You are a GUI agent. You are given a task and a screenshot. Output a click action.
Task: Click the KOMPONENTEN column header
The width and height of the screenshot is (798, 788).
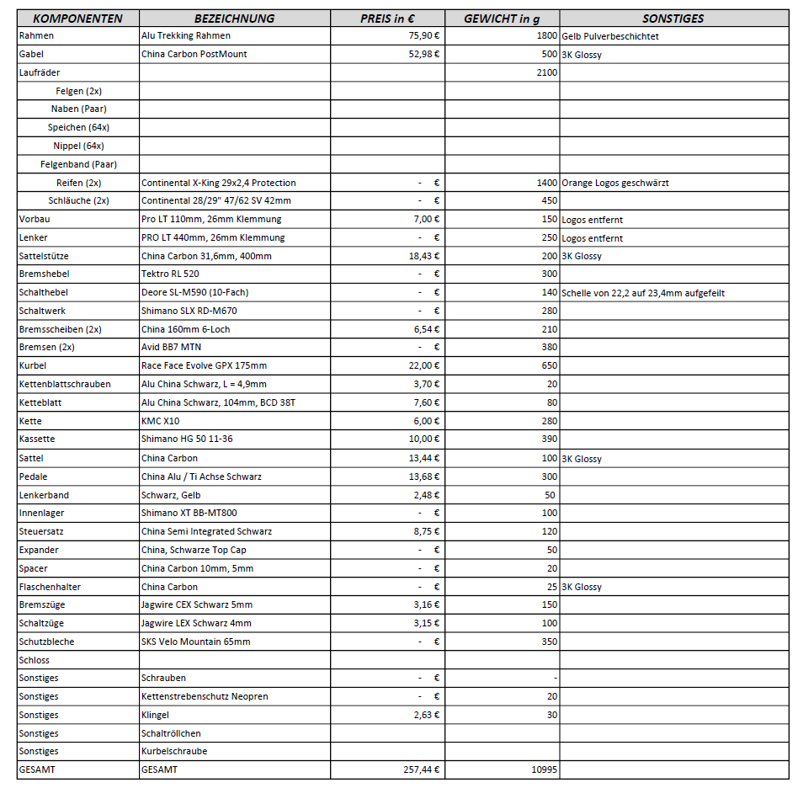point(77,19)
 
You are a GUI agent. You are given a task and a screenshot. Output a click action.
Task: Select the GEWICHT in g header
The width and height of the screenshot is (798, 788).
point(502,19)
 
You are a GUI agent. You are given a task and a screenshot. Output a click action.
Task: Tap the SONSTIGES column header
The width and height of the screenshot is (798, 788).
point(673,19)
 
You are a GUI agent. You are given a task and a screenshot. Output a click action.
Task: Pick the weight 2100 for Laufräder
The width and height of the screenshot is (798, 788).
point(545,73)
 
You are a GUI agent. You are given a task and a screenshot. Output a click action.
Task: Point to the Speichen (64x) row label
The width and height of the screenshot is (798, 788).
point(78,127)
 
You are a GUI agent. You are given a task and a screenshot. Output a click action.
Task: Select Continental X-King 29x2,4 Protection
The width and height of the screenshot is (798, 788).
point(218,183)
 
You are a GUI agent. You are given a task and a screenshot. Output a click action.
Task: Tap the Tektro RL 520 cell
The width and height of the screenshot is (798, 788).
point(170,274)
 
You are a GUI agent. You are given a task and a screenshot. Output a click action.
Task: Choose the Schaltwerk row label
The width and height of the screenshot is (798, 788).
point(42,311)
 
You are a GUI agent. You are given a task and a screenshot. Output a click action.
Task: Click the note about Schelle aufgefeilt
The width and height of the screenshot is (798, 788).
point(643,293)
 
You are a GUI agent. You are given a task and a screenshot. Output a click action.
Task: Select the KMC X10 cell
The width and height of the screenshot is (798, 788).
point(159,421)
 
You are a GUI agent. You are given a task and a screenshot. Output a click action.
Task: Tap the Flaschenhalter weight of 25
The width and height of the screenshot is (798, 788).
point(551,587)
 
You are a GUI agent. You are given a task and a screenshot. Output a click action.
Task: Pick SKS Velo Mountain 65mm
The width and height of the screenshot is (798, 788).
point(195,642)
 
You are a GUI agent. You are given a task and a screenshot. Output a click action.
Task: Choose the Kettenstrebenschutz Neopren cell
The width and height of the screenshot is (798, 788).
point(205,696)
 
